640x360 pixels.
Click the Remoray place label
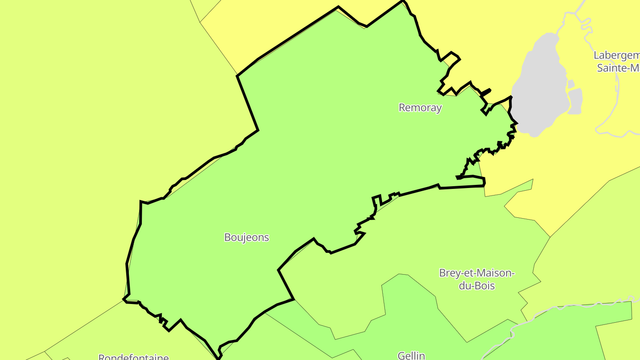point(420,108)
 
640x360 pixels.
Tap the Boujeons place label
point(247,237)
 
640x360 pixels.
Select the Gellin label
point(411,356)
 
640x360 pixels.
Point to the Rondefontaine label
point(133,357)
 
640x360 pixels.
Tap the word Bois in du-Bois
point(485,286)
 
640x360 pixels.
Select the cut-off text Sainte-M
point(618,68)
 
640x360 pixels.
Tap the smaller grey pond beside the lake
point(571,84)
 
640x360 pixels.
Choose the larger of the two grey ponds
point(576,101)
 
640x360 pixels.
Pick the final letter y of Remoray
point(439,108)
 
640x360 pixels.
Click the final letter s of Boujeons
point(267,238)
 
